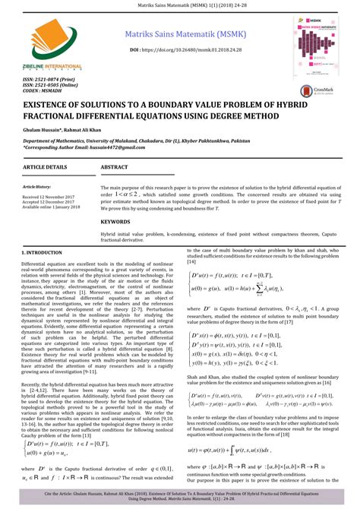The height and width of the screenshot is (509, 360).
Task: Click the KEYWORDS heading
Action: (116, 222)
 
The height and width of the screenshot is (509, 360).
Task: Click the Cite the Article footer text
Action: (180, 495)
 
